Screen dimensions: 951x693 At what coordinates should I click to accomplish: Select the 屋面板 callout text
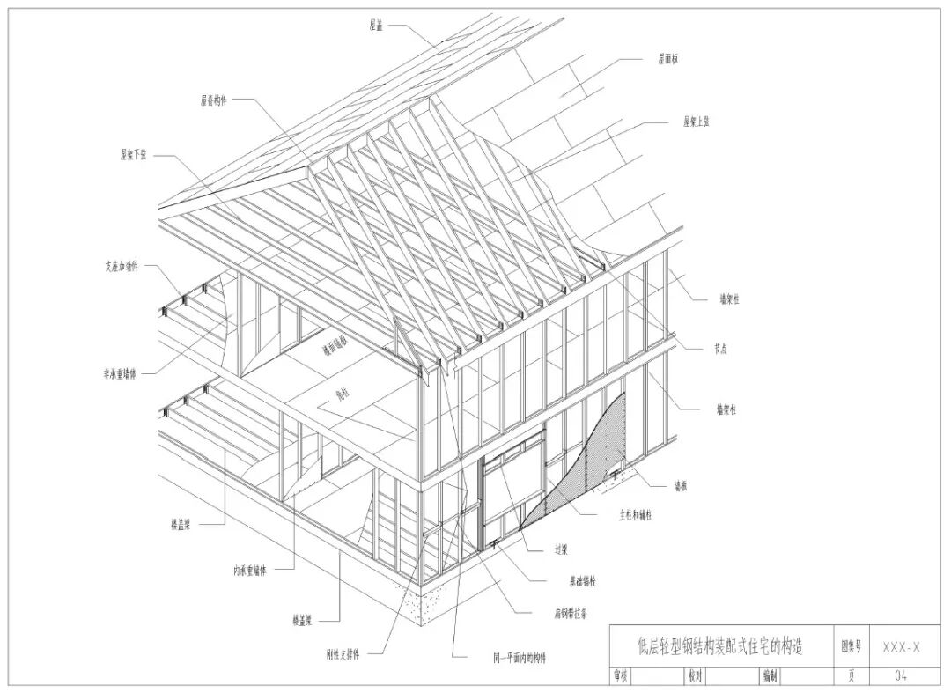point(667,60)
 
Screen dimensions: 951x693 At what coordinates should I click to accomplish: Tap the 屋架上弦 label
point(696,122)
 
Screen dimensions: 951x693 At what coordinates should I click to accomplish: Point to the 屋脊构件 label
point(213,100)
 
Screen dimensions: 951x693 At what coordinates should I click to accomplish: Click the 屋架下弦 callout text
point(134,154)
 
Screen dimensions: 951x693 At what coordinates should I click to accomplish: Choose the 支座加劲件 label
point(121,266)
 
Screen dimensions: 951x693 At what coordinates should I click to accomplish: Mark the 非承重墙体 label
point(120,373)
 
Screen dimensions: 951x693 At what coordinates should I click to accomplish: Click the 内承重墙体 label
point(250,570)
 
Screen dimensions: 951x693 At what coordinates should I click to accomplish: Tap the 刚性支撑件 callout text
point(343,653)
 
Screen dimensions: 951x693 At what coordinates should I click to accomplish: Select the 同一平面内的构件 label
point(520,657)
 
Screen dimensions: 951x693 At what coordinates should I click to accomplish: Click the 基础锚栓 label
point(581,581)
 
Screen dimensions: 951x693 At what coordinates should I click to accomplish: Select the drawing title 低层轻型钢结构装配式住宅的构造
point(719,646)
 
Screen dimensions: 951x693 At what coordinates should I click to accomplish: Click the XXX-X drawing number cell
point(901,647)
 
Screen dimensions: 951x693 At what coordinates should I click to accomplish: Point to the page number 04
point(901,675)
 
